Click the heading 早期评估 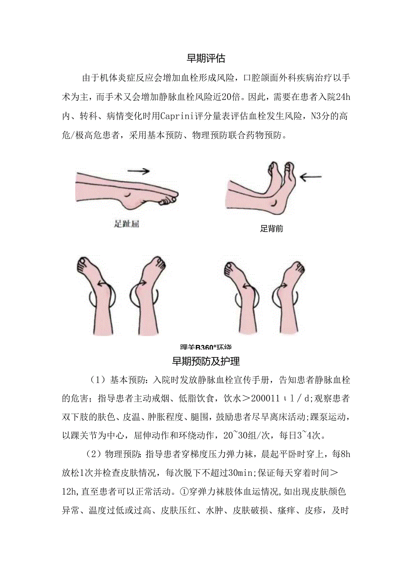tap(206, 58)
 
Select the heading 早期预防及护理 tap(206, 361)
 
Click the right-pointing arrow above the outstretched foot tap(138, 170)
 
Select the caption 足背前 tap(271, 229)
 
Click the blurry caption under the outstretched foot tap(126, 224)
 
